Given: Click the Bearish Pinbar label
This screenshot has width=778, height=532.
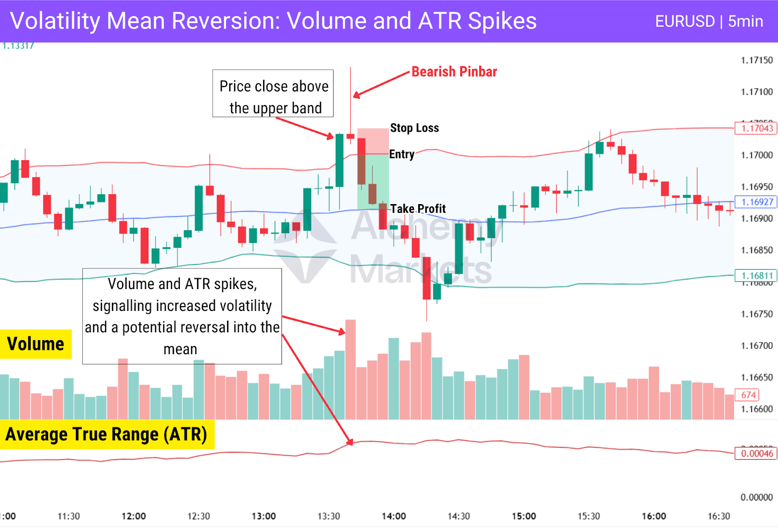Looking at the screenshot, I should click(454, 72).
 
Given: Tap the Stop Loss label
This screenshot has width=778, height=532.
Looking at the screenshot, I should click(414, 128).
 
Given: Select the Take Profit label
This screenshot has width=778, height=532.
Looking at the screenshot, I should click(418, 209).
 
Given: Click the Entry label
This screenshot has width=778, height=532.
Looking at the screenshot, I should click(402, 154).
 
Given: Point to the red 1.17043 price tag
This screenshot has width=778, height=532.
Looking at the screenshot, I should click(756, 128).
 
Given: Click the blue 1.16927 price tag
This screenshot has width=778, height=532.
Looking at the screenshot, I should click(756, 202).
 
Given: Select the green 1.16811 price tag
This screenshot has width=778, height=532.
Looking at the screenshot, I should click(756, 275).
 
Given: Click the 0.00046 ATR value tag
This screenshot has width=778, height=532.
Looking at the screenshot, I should click(756, 453).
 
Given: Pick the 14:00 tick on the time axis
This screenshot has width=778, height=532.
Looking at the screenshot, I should click(393, 516).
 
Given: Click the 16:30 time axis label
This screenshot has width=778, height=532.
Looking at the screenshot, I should click(719, 516).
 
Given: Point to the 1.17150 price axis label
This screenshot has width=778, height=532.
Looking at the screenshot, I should click(757, 60).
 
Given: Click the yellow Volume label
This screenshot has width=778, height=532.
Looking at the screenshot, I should click(35, 344).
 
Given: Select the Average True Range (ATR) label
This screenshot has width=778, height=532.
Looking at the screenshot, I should click(106, 434).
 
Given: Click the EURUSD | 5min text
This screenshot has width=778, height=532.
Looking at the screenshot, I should click(708, 21).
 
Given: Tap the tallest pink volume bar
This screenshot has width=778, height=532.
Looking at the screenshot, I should click(350, 369).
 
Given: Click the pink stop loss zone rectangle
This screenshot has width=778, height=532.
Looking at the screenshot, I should click(373, 141).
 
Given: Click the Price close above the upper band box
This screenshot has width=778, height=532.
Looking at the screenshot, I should click(273, 93).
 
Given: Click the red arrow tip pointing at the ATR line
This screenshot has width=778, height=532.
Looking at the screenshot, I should click(351, 443).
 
